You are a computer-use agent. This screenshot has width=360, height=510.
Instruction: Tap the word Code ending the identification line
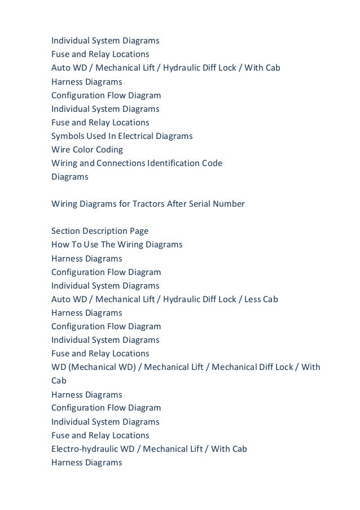coord(213,163)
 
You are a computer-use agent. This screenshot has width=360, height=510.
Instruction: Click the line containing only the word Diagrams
coord(70,177)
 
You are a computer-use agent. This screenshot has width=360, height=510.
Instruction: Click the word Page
coord(140,231)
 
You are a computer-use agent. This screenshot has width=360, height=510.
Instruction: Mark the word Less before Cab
coord(253,299)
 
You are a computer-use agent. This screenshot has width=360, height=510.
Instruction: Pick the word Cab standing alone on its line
coord(59,381)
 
